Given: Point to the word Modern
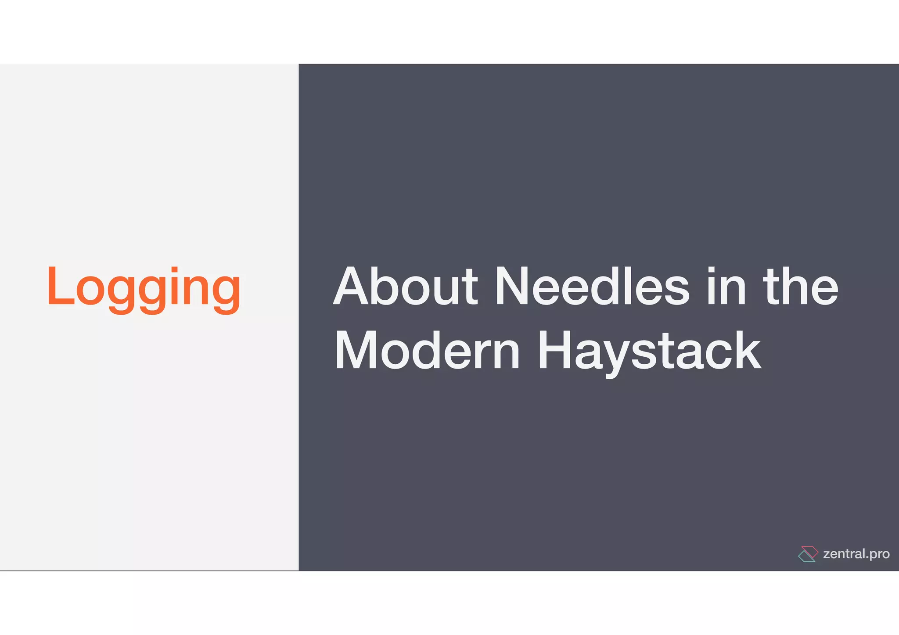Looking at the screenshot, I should click(427, 351).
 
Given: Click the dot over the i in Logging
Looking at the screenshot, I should click(175, 269).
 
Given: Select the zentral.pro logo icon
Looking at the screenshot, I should click(808, 554).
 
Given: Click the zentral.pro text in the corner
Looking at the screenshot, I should click(856, 554).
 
